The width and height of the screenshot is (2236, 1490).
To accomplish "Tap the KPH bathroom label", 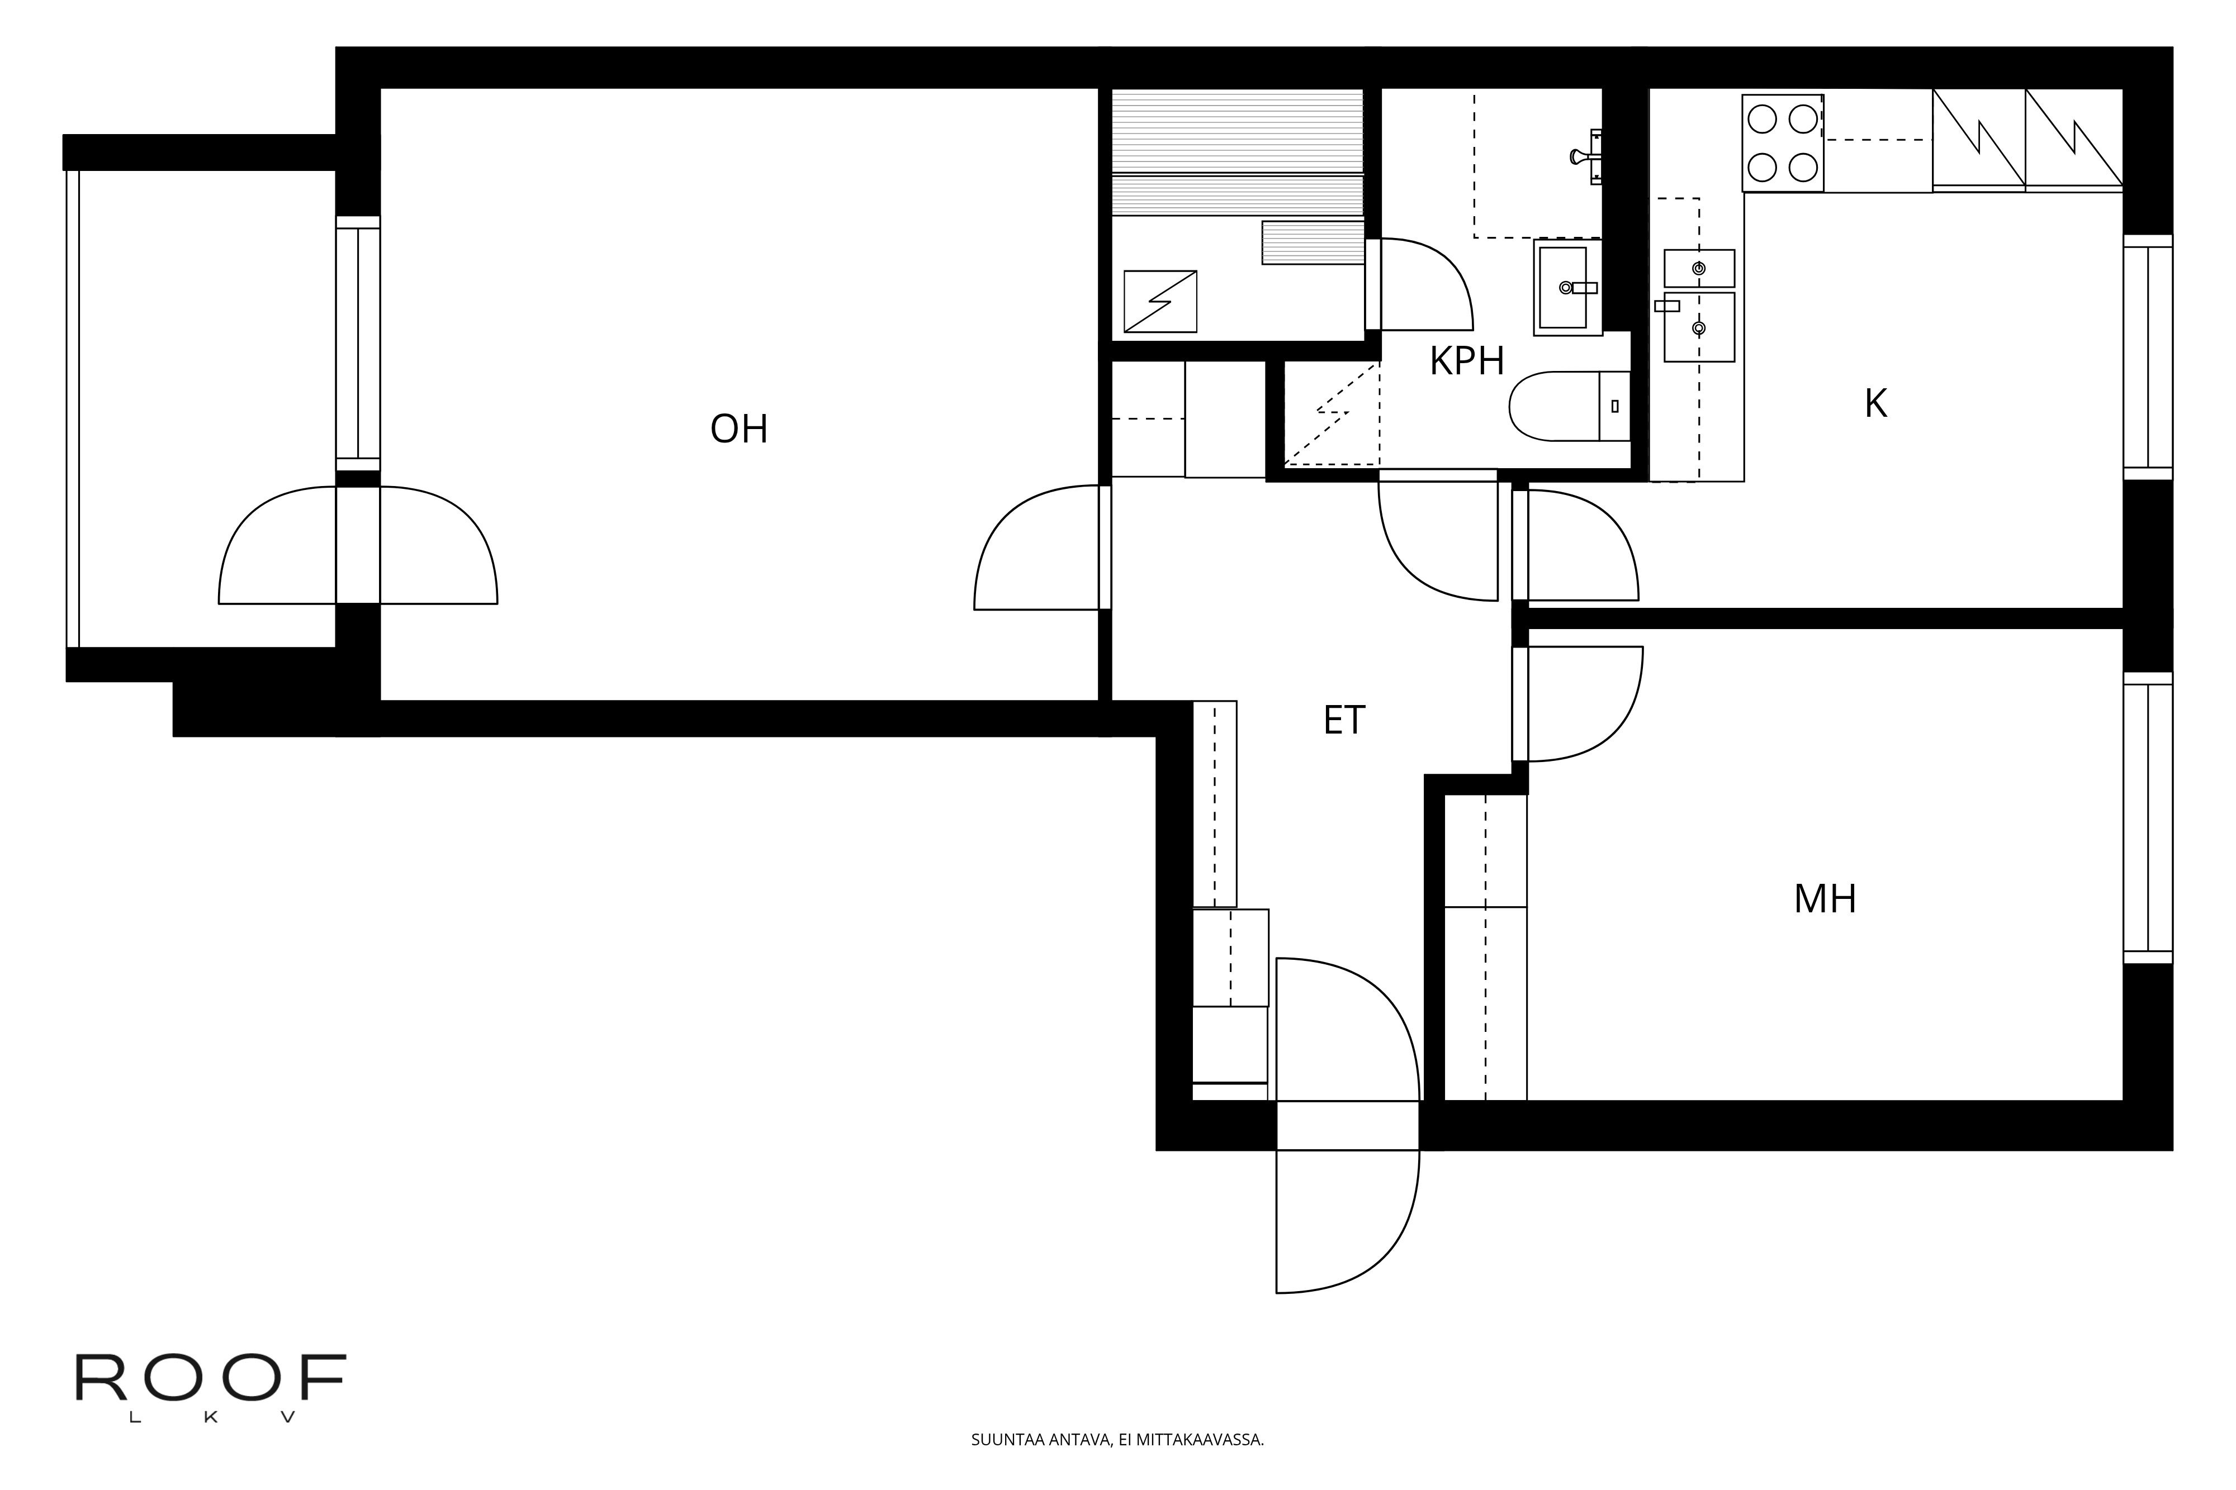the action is click(x=1467, y=362).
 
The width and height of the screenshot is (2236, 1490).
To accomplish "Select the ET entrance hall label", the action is click(x=1344, y=720).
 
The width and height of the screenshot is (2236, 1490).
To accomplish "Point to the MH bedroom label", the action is click(x=1825, y=899).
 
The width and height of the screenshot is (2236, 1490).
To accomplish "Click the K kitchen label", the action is click(x=1875, y=404).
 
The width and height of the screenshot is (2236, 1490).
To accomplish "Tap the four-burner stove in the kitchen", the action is click(x=1783, y=144).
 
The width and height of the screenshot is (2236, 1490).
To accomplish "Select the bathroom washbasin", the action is click(x=1567, y=287).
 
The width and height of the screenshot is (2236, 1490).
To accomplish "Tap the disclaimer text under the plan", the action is click(x=1117, y=1440).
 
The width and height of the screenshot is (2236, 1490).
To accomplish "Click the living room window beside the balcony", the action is click(x=358, y=343).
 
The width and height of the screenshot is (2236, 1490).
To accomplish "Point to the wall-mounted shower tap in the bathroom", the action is click(x=1586, y=157).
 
